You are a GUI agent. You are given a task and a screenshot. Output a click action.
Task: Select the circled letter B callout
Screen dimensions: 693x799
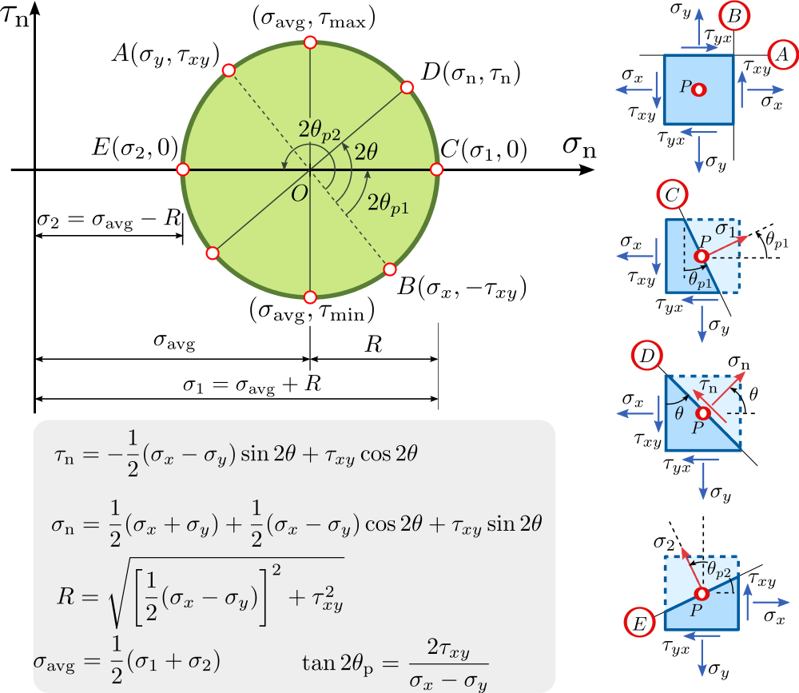click(x=733, y=15)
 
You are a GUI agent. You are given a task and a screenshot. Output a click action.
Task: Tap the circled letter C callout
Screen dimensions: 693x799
click(x=671, y=194)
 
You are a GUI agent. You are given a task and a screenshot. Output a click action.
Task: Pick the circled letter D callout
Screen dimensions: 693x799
click(x=645, y=356)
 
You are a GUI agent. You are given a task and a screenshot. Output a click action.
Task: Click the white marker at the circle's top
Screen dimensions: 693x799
click(x=310, y=42)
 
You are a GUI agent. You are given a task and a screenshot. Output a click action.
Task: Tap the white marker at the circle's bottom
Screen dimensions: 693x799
click(x=311, y=297)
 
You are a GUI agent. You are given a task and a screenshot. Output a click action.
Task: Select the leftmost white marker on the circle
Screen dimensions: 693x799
click(x=182, y=169)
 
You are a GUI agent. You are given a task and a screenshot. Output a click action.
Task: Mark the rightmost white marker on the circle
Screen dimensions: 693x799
click(x=436, y=169)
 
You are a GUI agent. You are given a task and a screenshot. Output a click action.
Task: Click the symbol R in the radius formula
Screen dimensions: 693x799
click(x=66, y=594)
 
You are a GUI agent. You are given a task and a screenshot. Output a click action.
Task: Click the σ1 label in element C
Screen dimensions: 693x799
click(x=725, y=229)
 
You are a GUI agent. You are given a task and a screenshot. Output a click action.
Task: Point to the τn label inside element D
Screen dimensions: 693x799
click(x=707, y=386)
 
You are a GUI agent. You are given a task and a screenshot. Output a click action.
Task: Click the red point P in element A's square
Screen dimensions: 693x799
click(x=699, y=90)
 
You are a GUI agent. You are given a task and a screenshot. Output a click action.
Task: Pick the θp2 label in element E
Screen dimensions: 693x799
click(x=718, y=569)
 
